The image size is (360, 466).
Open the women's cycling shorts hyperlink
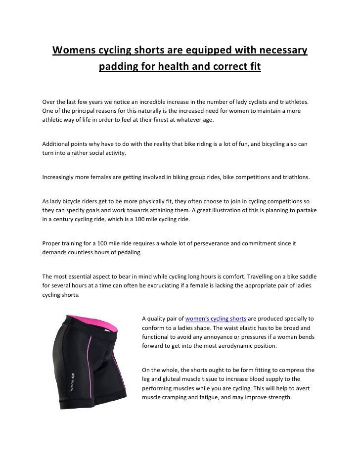coord(215,318)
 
